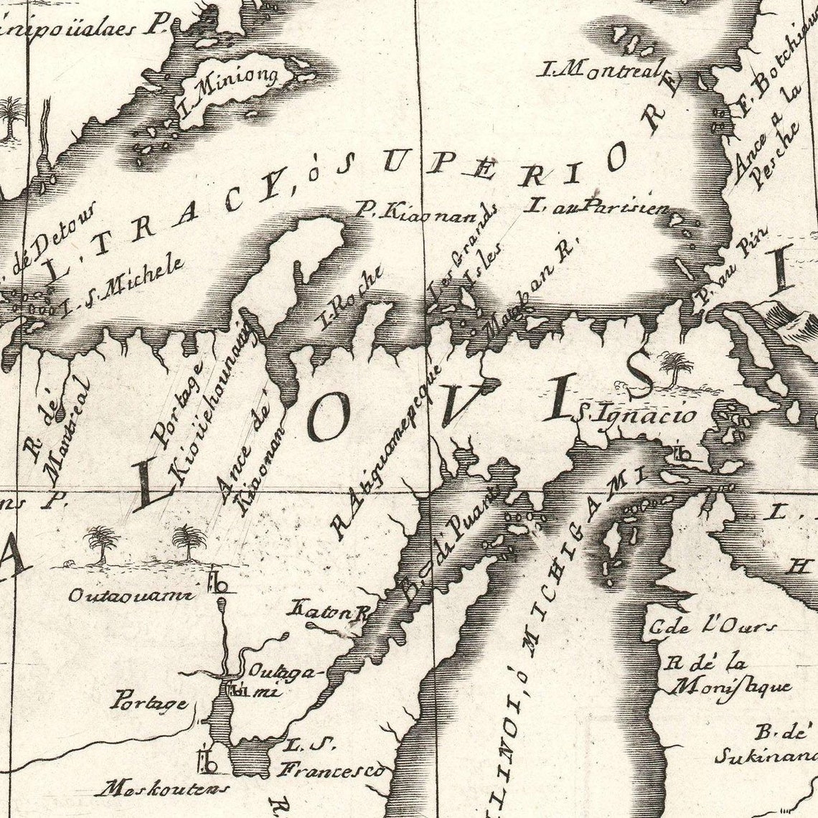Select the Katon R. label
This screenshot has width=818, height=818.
pyautogui.click(x=327, y=612)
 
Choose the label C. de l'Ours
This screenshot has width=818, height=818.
pyautogui.click(x=710, y=627)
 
